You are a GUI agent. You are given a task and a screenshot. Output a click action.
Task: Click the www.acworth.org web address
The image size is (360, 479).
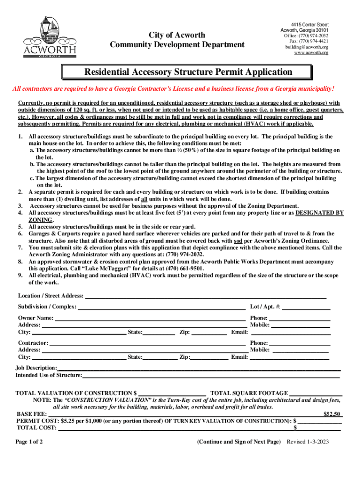point(311,53)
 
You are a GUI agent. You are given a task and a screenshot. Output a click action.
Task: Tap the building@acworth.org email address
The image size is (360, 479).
point(307,47)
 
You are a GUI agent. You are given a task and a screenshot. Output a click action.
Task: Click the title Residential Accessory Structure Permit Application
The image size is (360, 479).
point(188,72)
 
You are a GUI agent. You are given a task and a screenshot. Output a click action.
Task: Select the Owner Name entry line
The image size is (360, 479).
point(150,318)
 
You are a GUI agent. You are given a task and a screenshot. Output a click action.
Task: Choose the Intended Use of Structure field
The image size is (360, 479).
point(210,375)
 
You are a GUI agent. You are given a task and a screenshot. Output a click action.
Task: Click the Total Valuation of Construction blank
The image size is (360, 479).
point(173,393)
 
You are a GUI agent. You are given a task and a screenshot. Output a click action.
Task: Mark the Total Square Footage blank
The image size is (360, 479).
point(316,393)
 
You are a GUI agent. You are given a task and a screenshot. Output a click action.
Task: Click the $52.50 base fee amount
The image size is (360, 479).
point(333,414)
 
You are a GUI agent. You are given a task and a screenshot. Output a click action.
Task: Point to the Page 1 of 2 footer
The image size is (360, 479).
point(29,442)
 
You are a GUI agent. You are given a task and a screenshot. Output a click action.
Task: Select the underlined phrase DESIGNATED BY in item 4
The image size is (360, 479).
point(320,213)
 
